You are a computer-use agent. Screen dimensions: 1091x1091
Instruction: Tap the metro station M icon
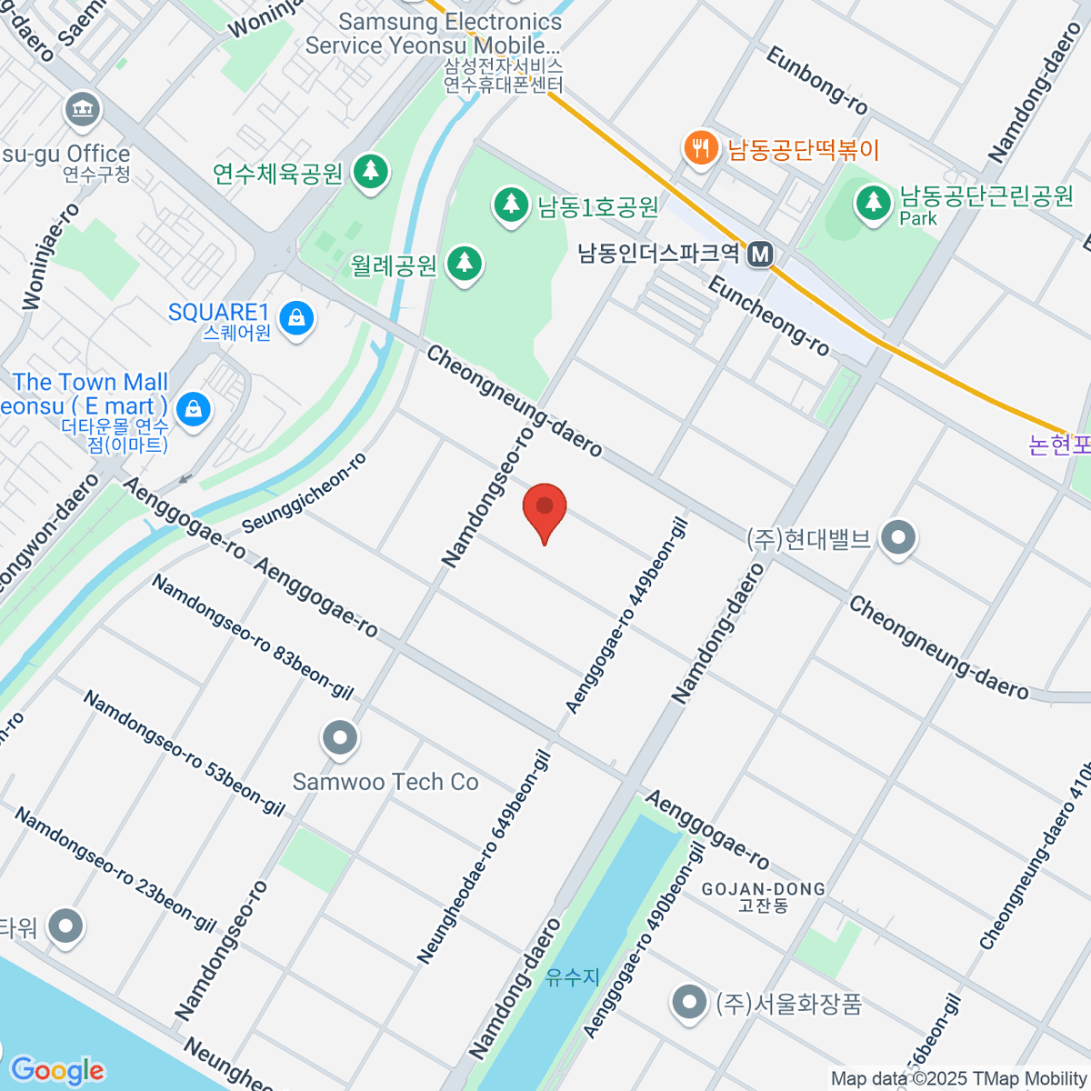[760, 255]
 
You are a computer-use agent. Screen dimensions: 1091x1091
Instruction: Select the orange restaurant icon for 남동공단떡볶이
[700, 147]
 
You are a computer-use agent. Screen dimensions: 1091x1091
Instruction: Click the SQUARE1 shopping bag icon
[296, 318]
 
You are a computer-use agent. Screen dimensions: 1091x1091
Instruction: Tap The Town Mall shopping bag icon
[193, 409]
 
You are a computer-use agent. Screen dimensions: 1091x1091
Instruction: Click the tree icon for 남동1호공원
[511, 205]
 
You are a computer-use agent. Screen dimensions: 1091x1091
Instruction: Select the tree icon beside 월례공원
[465, 264]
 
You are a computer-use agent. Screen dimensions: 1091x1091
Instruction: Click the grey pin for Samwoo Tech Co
[340, 738]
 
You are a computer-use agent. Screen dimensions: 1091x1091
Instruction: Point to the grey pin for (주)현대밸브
[898, 538]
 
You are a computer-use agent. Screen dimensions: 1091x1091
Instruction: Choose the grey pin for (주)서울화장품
[688, 1002]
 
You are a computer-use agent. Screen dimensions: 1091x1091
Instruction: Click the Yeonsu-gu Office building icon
[84, 110]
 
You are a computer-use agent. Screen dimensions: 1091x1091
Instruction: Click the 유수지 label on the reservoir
[573, 977]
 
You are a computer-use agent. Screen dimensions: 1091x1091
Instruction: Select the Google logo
[56, 1071]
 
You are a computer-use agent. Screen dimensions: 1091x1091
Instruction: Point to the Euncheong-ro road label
[769, 316]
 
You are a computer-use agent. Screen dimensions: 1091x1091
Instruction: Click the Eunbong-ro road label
[816, 80]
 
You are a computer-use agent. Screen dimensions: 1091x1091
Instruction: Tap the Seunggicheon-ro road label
[305, 493]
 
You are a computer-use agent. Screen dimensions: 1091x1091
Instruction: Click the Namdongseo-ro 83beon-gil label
[252, 637]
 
